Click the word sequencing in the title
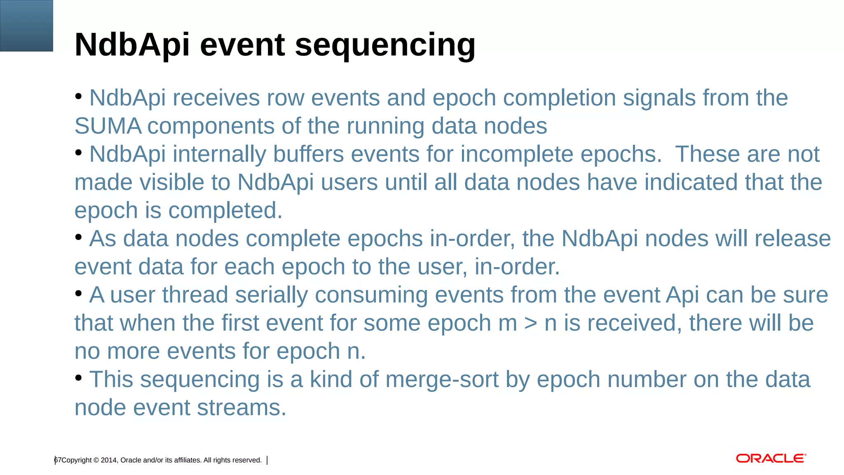385,45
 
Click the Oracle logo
771,459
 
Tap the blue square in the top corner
26,26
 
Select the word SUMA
108,126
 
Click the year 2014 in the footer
109,460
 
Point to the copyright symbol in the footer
96,460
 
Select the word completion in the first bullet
559,98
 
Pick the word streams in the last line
241,408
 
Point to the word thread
195,295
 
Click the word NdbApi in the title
132,45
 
